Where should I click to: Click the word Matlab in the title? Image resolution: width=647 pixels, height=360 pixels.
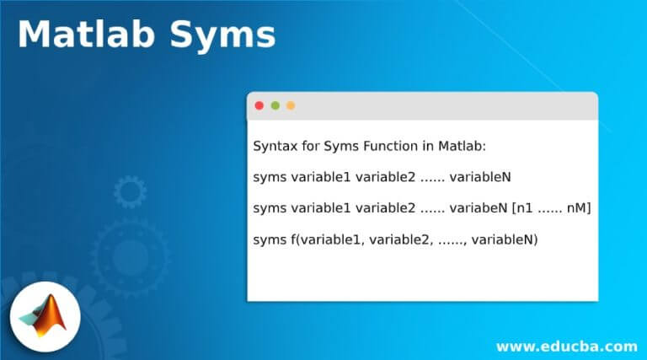(86, 35)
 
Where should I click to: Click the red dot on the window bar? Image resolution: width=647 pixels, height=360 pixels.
(259, 105)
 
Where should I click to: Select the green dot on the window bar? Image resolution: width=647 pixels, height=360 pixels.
(275, 105)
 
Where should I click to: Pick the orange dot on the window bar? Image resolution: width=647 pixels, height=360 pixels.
(291, 105)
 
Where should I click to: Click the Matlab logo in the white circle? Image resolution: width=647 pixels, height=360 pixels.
(45, 316)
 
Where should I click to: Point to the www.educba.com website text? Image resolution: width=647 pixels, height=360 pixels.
(567, 347)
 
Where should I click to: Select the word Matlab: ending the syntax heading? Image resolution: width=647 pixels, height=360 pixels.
(462, 146)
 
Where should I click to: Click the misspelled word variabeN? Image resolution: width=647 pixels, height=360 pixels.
(479, 207)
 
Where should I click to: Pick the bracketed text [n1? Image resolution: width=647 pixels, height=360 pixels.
(523, 208)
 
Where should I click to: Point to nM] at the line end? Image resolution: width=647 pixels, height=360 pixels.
(579, 208)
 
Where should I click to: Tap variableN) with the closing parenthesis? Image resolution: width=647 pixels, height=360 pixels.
(505, 239)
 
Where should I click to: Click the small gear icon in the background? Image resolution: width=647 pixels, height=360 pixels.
(130, 191)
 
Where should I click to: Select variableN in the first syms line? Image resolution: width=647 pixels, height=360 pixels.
(480, 177)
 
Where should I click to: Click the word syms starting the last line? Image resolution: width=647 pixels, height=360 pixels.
(269, 240)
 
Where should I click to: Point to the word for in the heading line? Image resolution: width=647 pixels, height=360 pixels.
(310, 146)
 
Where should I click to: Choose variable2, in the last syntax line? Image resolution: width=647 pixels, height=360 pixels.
(401, 239)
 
